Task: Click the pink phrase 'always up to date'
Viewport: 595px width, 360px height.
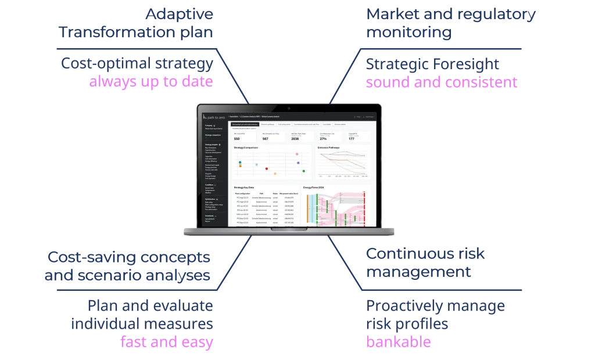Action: (x=151, y=82)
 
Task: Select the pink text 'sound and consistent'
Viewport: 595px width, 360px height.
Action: (x=442, y=82)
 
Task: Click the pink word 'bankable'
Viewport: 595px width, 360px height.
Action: (x=398, y=342)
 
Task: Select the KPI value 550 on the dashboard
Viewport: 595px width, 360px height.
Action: (x=236, y=139)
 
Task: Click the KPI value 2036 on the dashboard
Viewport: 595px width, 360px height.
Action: (x=296, y=139)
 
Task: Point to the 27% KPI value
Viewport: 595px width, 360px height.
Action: (x=323, y=139)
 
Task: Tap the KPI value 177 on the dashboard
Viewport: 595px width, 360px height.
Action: (x=352, y=139)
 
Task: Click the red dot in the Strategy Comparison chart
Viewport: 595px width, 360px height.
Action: (x=266, y=168)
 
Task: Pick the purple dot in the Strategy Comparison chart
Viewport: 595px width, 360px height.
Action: (x=298, y=163)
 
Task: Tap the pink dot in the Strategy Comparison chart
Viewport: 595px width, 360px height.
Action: (x=297, y=154)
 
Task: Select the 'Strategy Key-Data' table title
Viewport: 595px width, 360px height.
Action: (x=243, y=188)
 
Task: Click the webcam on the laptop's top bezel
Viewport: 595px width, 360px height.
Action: (x=289, y=107)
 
